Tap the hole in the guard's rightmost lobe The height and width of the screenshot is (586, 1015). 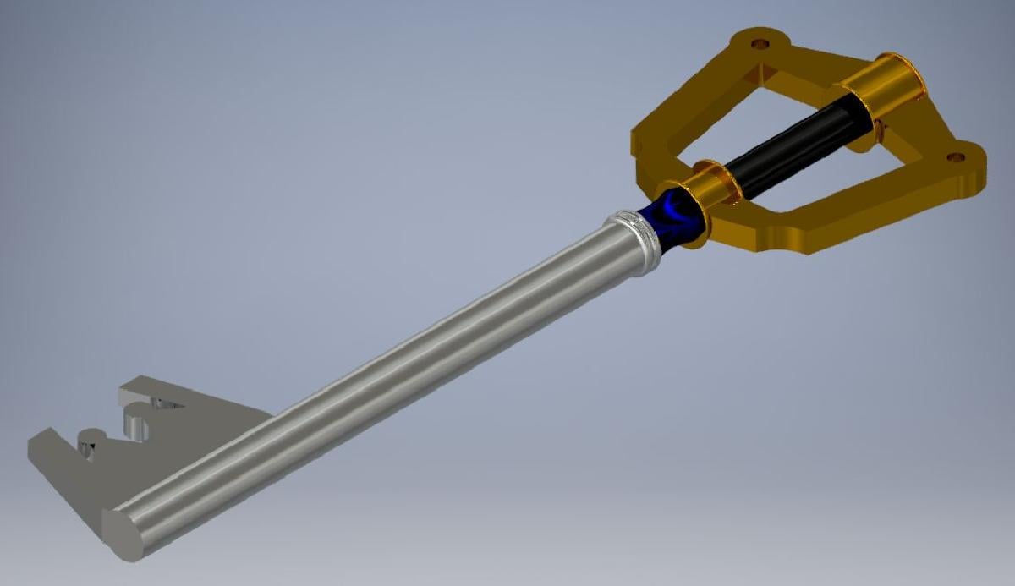pyautogui.click(x=956, y=157)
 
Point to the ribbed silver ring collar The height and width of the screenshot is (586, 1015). pyautogui.click(x=634, y=238)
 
